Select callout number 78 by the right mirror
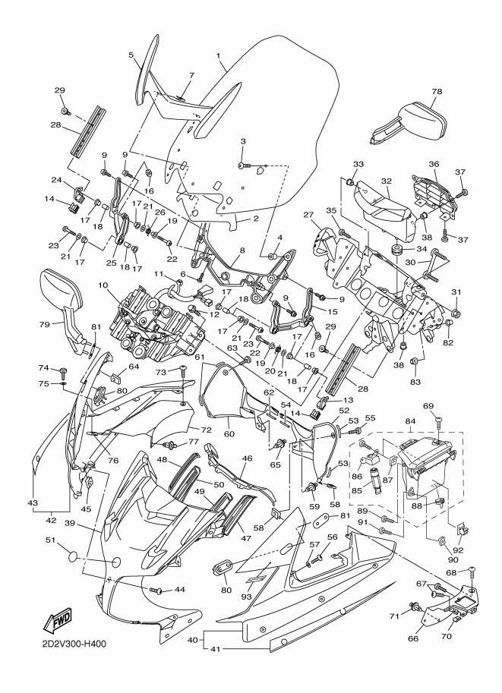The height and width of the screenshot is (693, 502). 437,91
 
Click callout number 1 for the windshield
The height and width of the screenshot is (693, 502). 218,55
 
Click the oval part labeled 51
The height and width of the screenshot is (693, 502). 75,556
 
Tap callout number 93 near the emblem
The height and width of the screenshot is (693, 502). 246,596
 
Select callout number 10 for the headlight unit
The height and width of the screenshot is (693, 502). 103,285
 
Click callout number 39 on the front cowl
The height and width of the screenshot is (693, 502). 70,523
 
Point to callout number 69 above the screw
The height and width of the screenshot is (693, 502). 428,406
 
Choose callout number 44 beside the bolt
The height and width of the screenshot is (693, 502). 179,589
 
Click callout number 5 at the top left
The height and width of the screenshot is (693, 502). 131,55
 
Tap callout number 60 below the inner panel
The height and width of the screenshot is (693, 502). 229,433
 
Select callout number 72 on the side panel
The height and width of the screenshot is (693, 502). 206,430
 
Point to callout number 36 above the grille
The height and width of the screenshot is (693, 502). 434,163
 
